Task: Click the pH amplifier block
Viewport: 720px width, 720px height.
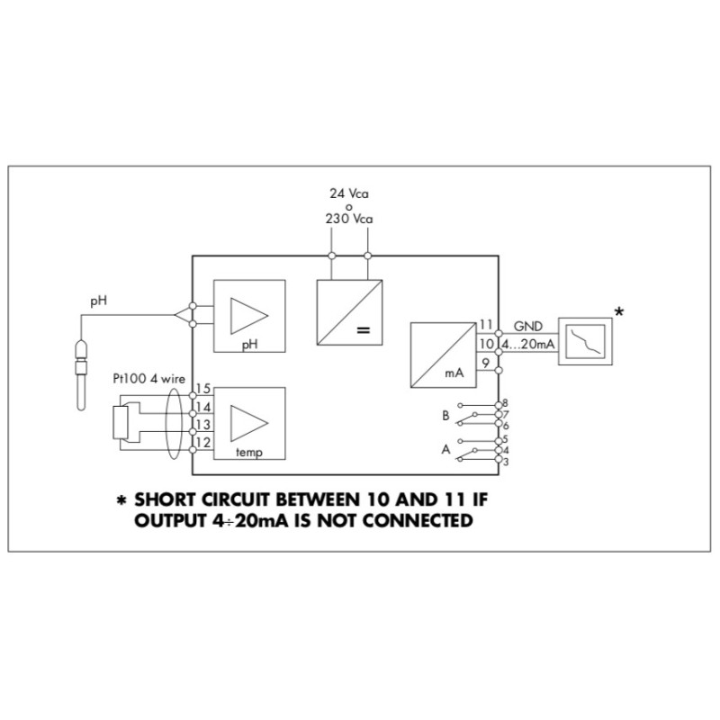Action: click(248, 316)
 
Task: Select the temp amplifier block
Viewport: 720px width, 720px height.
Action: click(248, 423)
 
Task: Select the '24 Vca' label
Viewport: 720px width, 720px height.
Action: click(349, 193)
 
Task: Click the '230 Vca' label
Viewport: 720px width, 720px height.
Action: click(349, 219)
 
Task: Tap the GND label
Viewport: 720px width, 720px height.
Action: click(528, 325)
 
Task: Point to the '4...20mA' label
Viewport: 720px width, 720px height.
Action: click(528, 343)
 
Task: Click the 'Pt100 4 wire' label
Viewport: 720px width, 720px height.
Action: click(148, 378)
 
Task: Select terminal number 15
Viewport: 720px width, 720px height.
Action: click(202, 389)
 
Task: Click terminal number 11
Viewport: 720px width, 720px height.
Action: click(485, 325)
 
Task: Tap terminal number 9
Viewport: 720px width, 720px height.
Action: click(485, 362)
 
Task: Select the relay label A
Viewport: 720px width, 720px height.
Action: click(445, 447)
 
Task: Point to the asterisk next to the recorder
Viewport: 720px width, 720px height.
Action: click(619, 312)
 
